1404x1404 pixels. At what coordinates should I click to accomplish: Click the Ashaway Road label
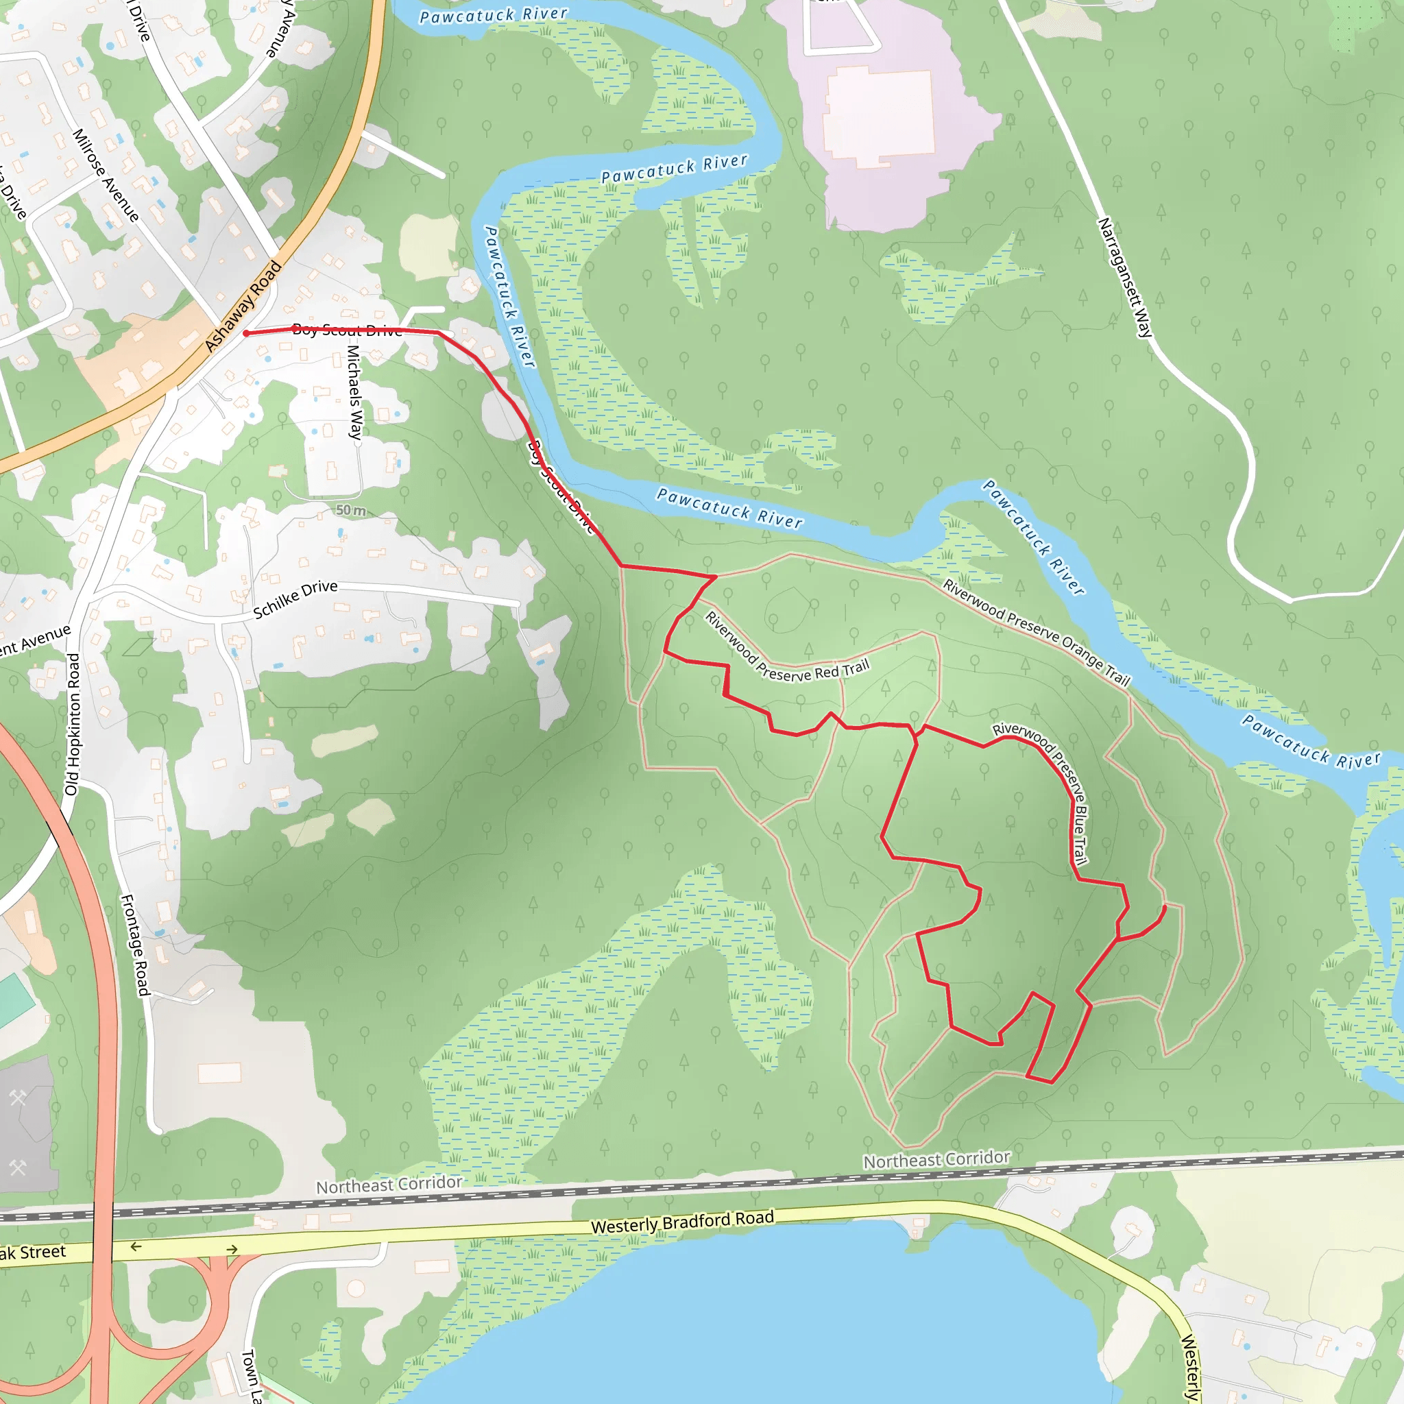243,306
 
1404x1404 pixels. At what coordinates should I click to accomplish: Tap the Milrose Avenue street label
106,175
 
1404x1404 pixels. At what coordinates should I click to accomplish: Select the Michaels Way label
354,391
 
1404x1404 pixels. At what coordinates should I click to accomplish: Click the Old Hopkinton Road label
73,724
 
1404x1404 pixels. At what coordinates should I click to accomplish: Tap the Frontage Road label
134,945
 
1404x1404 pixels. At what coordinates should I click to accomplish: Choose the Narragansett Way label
1124,278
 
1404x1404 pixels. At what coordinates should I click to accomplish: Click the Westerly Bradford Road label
682,1222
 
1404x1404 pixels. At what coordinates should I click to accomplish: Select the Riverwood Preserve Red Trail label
786,649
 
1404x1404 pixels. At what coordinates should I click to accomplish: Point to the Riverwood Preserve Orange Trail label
1037,631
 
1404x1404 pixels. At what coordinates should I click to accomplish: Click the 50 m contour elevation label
351,510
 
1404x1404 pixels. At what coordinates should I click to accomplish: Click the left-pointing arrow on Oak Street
136,1247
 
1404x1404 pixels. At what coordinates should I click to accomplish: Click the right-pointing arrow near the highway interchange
232,1249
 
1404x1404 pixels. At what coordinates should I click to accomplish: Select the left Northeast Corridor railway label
389,1185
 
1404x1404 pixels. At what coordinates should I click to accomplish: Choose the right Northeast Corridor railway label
936,1159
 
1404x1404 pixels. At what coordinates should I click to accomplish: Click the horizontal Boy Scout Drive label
348,330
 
